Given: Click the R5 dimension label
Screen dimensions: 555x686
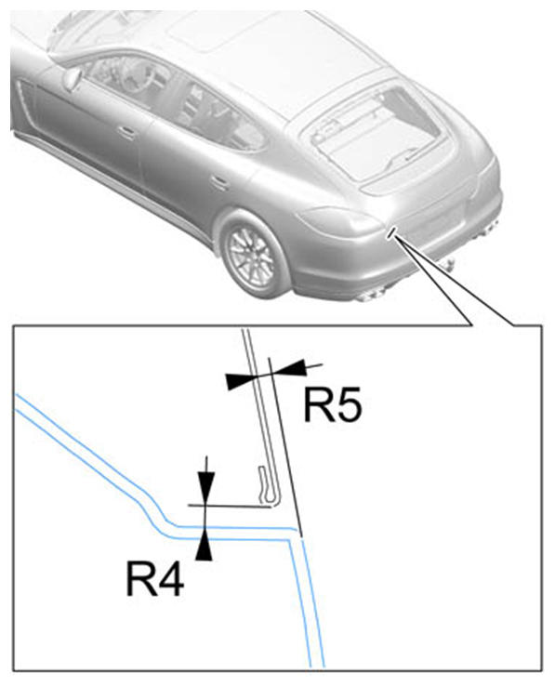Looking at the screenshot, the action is point(333,404).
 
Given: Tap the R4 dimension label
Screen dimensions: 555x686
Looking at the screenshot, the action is point(155,578).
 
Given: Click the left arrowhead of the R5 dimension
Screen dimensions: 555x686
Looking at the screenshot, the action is point(241,380).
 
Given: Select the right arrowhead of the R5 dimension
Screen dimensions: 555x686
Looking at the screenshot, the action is point(288,367).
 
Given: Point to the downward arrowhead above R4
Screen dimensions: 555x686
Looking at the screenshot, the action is point(205,487).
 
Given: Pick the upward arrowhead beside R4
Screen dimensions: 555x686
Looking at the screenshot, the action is point(204,544).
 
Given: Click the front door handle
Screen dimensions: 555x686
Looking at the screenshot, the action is point(127,131).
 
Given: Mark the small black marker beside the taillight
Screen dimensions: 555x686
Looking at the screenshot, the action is point(391,231).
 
